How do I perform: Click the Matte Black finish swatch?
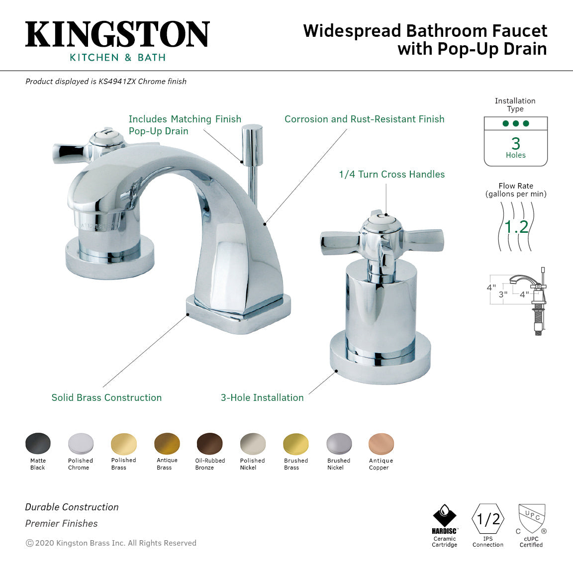38,443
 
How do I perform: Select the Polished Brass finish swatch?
123,443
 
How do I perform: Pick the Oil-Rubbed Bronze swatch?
209,443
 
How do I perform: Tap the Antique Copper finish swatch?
381,443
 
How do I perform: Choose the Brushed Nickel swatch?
339,443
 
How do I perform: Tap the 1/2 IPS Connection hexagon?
488,519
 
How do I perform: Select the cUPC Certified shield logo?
531,518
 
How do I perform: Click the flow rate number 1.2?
516,227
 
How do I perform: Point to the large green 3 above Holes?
516,143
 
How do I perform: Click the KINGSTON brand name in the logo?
117,34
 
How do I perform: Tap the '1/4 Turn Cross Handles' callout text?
391,175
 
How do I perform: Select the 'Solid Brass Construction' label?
106,397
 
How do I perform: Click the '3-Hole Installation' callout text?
262,397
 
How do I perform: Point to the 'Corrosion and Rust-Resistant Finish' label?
364,119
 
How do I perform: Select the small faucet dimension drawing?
517,300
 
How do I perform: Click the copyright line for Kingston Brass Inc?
111,543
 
